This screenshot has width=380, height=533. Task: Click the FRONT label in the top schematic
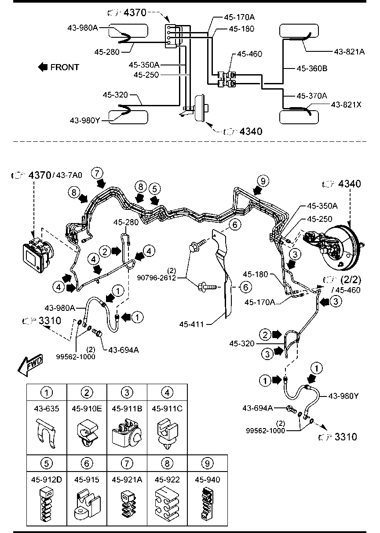click(x=65, y=67)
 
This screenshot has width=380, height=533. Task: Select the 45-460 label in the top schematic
click(x=249, y=54)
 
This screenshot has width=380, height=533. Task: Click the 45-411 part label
click(x=192, y=324)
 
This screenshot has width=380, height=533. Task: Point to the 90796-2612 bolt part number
click(x=157, y=277)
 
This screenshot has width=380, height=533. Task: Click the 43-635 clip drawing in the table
click(x=46, y=432)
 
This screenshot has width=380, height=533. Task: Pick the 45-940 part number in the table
click(x=208, y=479)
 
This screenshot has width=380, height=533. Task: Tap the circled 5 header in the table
click(x=47, y=463)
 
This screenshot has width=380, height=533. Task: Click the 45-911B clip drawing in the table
click(x=127, y=432)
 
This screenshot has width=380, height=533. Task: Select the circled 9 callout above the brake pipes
click(x=263, y=181)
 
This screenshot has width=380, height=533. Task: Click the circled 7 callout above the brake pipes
click(x=97, y=173)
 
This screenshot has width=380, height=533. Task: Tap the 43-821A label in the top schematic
click(x=349, y=52)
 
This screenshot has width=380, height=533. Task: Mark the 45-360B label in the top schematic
click(x=312, y=68)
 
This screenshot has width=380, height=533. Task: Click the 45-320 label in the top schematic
click(x=115, y=95)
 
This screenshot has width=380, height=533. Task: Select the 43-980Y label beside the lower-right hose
click(x=343, y=396)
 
